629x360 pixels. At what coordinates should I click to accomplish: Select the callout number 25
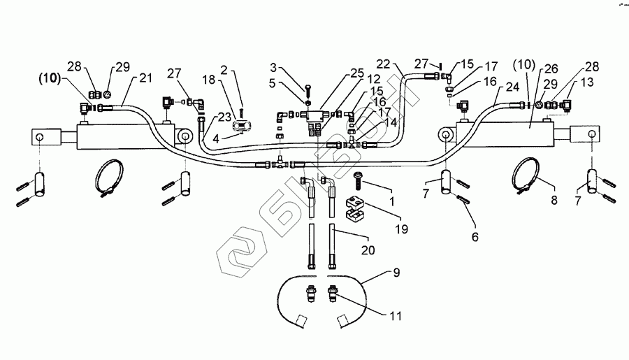358,73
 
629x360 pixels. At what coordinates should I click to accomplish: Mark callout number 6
475,238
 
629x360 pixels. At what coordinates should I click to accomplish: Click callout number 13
585,81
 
